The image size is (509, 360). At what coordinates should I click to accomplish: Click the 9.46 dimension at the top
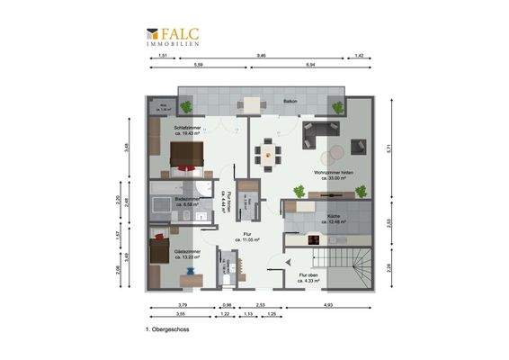tap(262, 56)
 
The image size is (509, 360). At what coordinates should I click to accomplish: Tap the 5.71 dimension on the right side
tap(388, 148)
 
